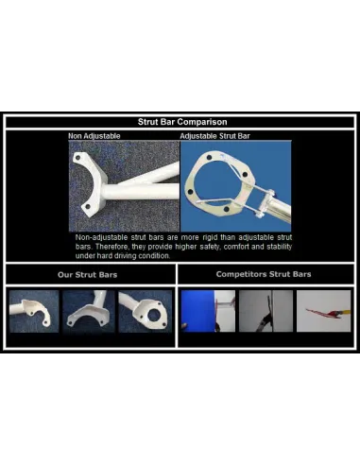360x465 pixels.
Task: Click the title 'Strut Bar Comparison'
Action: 182,122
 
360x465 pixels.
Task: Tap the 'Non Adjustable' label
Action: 94,136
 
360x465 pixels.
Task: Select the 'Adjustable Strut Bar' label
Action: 214,136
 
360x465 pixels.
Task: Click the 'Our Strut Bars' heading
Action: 87,275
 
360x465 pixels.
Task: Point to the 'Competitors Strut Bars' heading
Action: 264,274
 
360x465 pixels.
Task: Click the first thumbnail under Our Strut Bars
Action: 34,311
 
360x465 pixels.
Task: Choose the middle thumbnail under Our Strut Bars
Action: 89,311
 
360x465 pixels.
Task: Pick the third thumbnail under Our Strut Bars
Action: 146,311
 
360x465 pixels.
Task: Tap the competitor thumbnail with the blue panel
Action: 208,311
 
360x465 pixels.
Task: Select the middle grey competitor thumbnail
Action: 266,311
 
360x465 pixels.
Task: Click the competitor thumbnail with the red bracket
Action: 323,311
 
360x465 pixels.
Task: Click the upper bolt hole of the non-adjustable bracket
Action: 77,158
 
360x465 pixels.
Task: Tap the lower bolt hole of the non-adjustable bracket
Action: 88,207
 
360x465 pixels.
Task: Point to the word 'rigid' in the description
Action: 210,237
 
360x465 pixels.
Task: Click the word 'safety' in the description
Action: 210,247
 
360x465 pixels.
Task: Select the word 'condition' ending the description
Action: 155,256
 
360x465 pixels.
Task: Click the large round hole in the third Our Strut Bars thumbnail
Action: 154,316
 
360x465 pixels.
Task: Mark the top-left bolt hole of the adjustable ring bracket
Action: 209,158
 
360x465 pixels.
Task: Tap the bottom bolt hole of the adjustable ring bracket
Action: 226,209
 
